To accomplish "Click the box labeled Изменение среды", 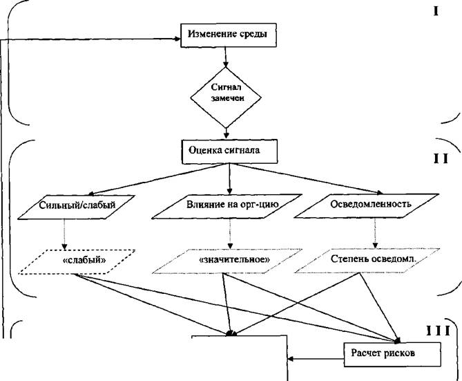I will click(223, 34).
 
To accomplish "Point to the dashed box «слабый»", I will click(75, 262).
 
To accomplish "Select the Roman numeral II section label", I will click(441, 158).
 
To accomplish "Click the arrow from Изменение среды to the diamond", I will click(226, 57).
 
